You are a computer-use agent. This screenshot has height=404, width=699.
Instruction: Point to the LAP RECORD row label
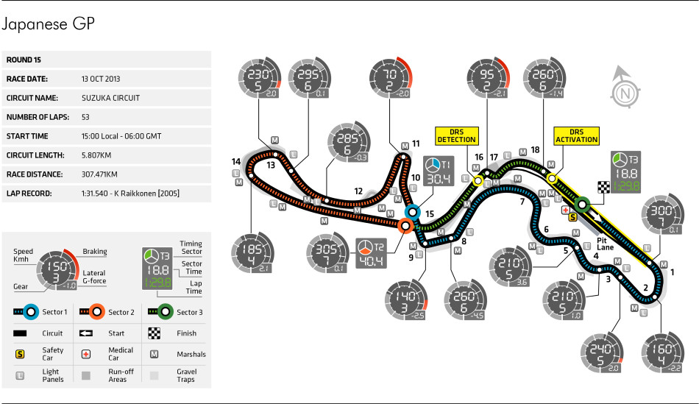coord(29,194)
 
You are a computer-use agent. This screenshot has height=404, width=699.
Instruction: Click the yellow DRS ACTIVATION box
coord(575,135)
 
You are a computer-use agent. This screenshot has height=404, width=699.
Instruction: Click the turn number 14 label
coord(236,161)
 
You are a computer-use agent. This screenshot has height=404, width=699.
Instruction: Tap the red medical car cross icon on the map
coord(565,210)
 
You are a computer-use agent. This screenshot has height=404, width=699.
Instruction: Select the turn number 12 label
coord(358,191)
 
